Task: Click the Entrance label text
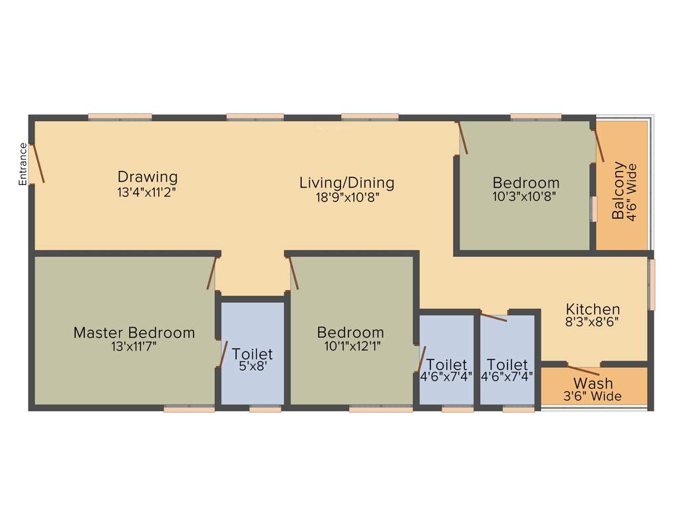click(x=23, y=164)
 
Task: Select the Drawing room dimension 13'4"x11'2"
click(x=148, y=191)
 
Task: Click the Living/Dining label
click(x=346, y=182)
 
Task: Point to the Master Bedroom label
click(x=134, y=333)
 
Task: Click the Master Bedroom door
click(x=212, y=273)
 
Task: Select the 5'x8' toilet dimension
click(x=252, y=367)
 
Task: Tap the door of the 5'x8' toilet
click(x=223, y=353)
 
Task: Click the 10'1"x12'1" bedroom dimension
click(x=350, y=345)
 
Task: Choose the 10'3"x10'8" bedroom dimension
click(x=525, y=196)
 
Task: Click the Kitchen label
click(x=593, y=309)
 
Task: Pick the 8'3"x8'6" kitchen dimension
click(x=593, y=322)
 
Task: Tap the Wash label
click(x=593, y=384)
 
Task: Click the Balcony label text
click(x=619, y=190)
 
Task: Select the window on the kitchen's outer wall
click(x=652, y=284)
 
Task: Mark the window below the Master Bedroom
click(x=190, y=409)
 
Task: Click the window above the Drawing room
click(x=120, y=117)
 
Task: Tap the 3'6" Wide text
click(x=593, y=397)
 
